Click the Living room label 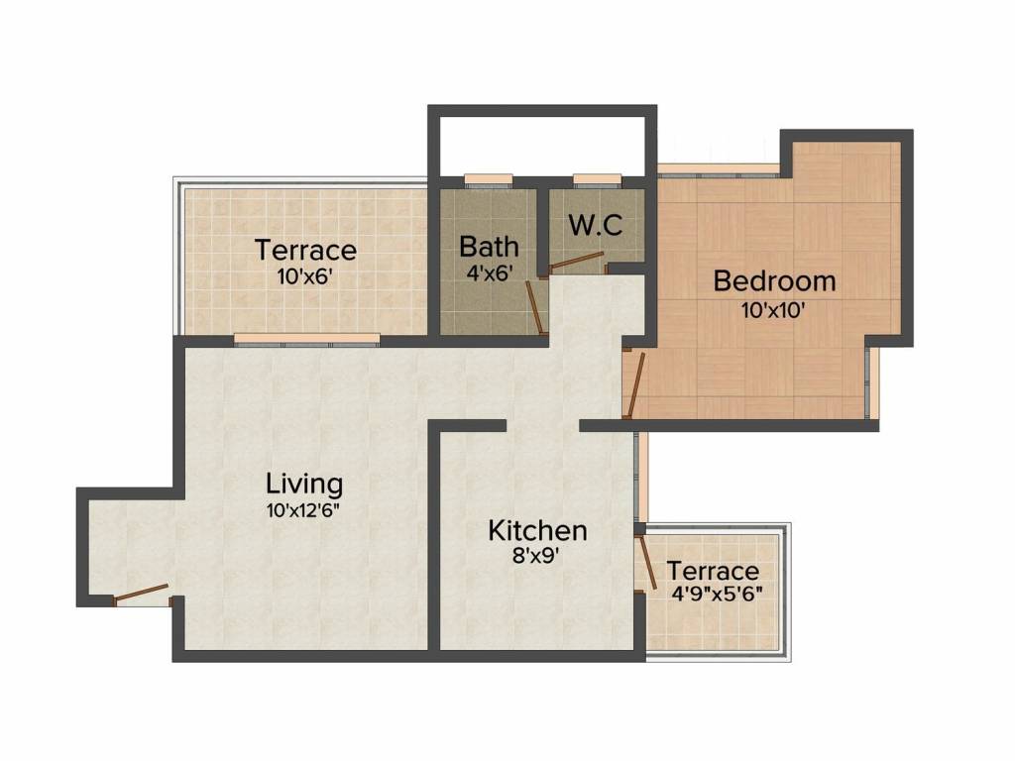[304, 485]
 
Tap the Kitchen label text [537, 530]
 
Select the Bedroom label [774, 280]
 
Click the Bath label [489, 246]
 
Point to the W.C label [595, 225]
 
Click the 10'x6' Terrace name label [305, 249]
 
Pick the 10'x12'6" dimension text [304, 511]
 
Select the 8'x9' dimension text [537, 557]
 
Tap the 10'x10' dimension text [773, 308]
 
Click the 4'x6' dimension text [489, 272]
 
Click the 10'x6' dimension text [304, 275]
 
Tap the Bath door [534, 308]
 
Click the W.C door [578, 261]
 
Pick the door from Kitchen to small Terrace [647, 561]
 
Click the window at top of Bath [488, 180]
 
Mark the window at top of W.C [597, 180]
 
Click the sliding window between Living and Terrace [306, 339]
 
